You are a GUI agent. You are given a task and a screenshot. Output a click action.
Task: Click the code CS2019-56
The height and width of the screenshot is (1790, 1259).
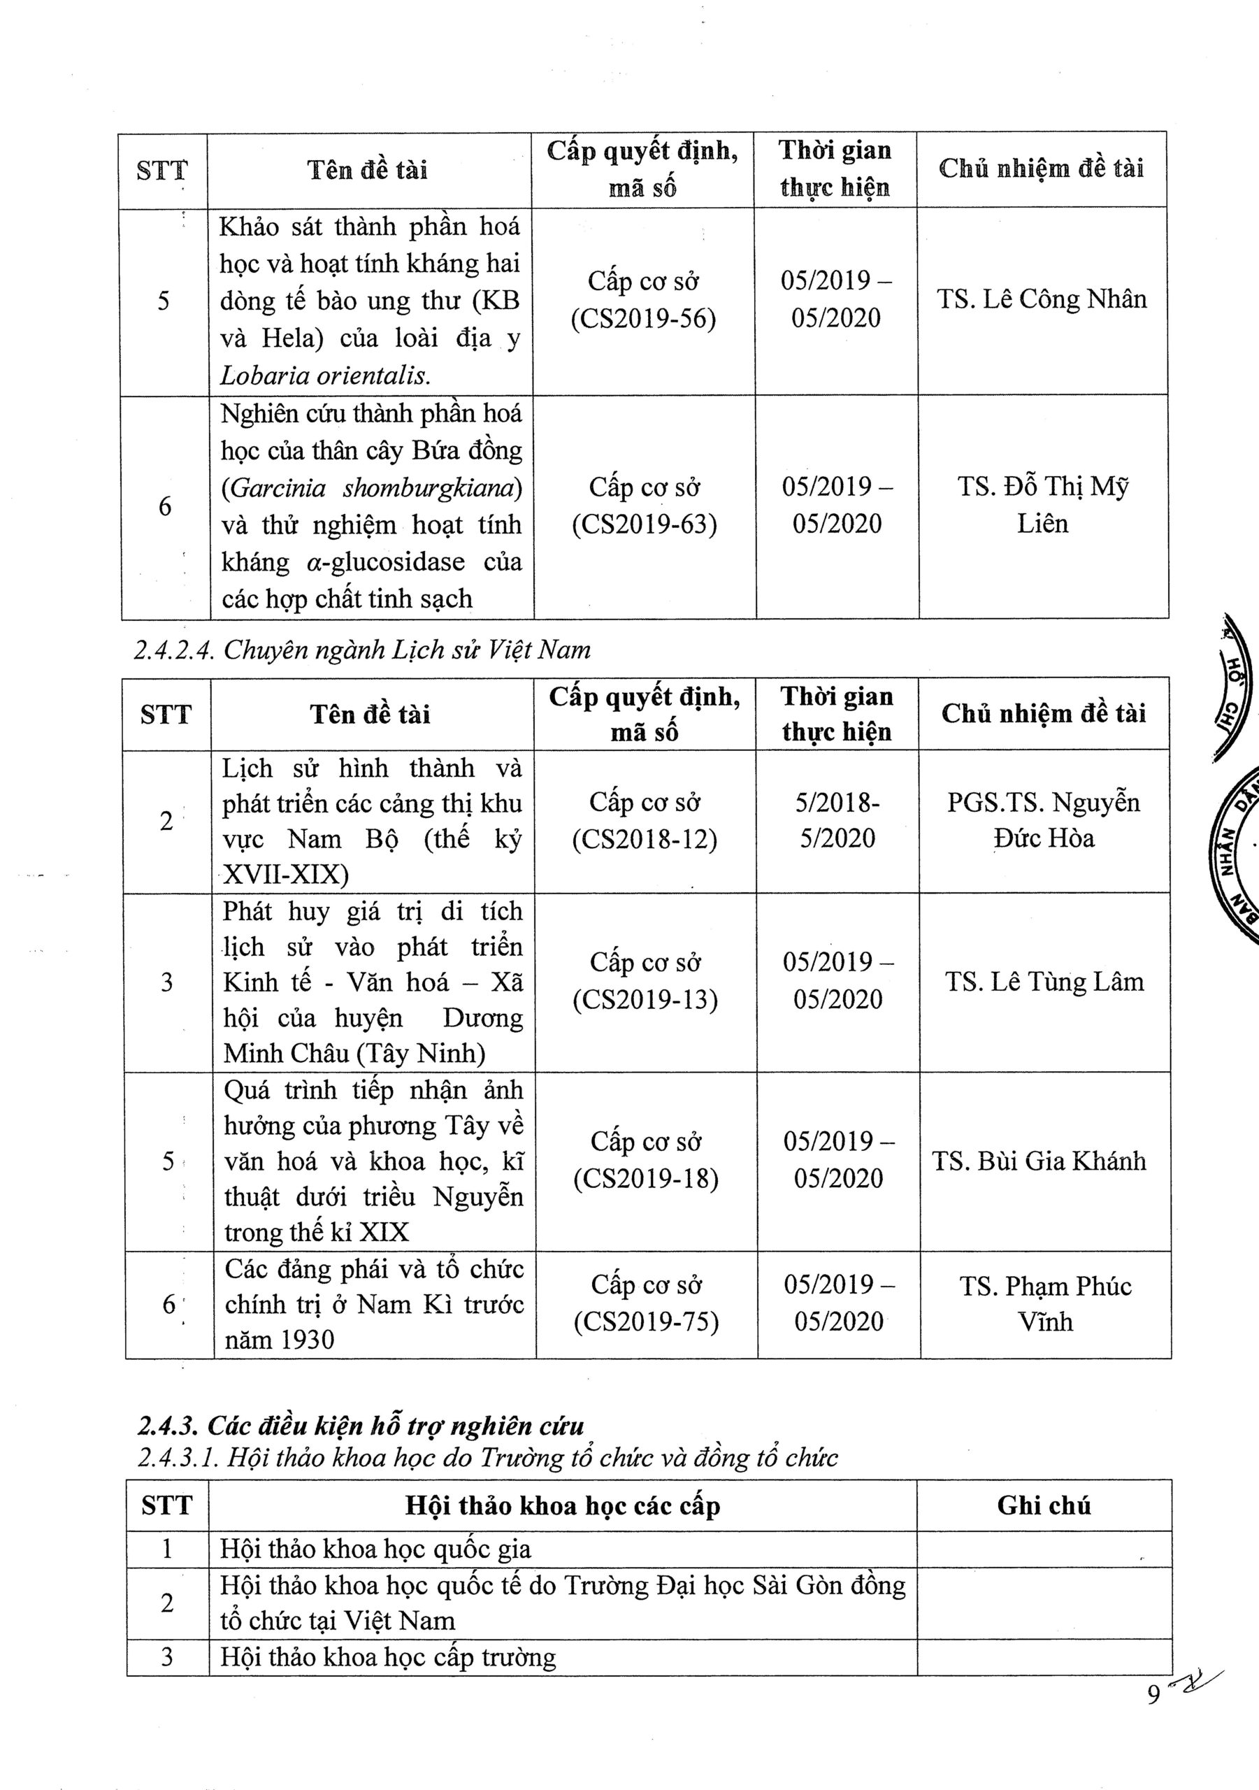(643, 319)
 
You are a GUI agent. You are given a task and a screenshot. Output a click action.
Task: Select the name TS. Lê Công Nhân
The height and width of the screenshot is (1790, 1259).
(1042, 300)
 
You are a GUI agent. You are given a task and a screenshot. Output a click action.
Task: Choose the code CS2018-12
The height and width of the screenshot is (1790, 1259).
(645, 839)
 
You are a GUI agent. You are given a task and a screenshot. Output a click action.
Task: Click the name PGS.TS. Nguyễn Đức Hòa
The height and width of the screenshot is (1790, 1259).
(1043, 820)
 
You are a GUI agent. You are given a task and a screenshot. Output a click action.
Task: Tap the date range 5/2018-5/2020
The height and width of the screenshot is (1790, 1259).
(837, 820)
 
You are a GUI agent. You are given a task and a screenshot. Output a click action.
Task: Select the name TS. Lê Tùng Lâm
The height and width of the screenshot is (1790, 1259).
(1044, 982)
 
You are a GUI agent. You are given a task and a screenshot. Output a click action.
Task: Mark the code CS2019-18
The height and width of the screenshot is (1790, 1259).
(645, 1179)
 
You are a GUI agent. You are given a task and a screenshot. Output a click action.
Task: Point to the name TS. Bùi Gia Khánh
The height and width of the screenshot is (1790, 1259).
(1039, 1161)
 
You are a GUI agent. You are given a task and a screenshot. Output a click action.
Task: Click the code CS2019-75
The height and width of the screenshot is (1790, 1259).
(646, 1322)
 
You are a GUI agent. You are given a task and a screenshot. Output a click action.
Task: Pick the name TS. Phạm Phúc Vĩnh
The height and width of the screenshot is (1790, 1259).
(1045, 1303)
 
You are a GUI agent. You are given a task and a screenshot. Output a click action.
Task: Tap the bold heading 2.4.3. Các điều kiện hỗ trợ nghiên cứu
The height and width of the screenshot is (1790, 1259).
(360, 1425)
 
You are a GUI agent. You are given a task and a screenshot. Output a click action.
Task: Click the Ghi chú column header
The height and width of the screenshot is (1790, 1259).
(1043, 1505)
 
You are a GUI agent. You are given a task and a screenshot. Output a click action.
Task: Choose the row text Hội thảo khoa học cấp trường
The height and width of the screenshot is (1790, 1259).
(388, 1656)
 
